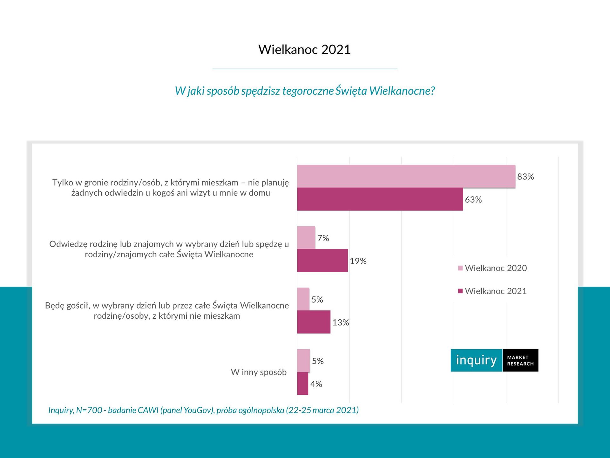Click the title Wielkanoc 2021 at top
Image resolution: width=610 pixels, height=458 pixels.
point(304,50)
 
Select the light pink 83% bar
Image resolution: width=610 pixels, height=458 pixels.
point(406,176)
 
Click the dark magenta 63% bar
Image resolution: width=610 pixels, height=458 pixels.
point(380,199)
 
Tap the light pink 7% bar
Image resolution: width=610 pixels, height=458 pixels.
point(306,238)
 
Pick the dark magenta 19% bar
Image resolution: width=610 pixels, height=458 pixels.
point(322,260)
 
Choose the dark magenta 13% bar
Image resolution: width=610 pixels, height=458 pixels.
point(314,322)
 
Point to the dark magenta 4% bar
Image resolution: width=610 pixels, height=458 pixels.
point(302,384)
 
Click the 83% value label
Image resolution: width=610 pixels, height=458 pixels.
point(525,177)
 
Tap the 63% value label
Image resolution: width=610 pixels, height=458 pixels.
point(473,200)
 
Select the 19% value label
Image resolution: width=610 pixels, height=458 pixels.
point(358,261)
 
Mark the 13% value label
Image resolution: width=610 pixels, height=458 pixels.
point(341,323)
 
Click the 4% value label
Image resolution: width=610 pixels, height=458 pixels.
point(316,384)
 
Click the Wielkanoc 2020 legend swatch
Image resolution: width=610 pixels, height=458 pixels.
point(460,268)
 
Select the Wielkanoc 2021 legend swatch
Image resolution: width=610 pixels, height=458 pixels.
point(460,291)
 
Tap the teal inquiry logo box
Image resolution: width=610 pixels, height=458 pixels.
point(476,360)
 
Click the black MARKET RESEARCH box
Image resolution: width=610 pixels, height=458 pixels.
point(520,360)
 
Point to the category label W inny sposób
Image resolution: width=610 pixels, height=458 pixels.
point(259,372)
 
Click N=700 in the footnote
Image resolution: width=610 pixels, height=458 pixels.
point(89,410)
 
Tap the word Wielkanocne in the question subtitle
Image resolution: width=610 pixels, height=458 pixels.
point(402,91)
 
